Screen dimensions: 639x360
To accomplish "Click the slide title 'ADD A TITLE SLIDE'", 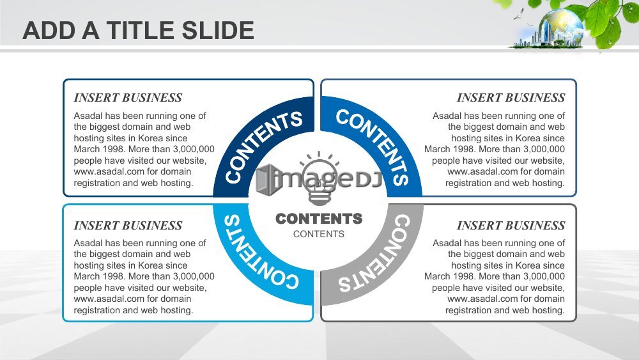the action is pyautogui.click(x=138, y=30).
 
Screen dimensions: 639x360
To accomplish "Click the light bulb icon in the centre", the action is pyautogui.click(x=319, y=178).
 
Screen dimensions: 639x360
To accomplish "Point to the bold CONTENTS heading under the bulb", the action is pyautogui.click(x=319, y=219).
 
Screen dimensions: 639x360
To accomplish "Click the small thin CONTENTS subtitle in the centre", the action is pyautogui.click(x=319, y=234).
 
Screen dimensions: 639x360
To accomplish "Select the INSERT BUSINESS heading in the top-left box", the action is pyautogui.click(x=128, y=98).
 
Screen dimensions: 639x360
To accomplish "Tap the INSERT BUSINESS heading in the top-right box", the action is pyautogui.click(x=511, y=98).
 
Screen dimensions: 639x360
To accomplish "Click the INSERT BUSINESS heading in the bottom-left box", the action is pyautogui.click(x=128, y=226).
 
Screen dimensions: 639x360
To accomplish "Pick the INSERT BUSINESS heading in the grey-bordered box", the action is pyautogui.click(x=511, y=226).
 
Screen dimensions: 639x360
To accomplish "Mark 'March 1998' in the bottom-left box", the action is pyautogui.click(x=96, y=276).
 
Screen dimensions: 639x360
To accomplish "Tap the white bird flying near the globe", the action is pyautogui.click(x=519, y=14).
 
